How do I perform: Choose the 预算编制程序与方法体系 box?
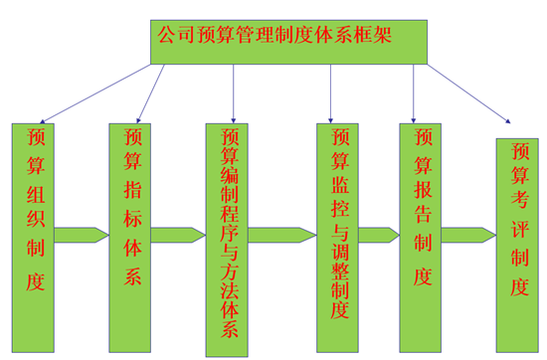(x=229, y=239)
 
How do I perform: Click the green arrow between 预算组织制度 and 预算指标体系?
(x=83, y=236)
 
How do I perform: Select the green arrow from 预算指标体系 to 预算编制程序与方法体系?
(x=179, y=236)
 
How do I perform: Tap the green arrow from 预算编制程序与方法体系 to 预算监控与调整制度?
(x=282, y=236)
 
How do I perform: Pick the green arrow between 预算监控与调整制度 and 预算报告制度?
(x=379, y=236)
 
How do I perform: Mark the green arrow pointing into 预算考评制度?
(x=468, y=236)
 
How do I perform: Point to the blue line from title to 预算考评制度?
(x=467, y=94)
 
